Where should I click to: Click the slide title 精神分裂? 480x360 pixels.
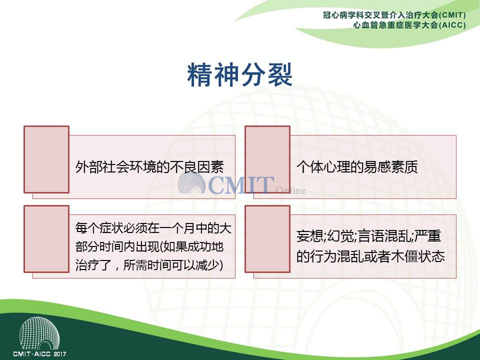tap(239, 74)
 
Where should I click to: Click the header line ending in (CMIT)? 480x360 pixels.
tap(394, 15)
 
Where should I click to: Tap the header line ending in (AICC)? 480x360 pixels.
tap(409, 25)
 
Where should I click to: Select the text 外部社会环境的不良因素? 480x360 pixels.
tap(149, 167)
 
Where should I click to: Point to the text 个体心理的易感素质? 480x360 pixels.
tap(357, 167)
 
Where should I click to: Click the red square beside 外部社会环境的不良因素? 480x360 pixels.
tap(46, 159)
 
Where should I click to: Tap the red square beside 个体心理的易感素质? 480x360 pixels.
tap(267, 159)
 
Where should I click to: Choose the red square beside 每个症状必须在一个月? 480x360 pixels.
tap(46, 239)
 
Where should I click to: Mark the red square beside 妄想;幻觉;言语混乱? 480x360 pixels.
tap(267, 239)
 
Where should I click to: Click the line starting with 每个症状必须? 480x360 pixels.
tap(153, 228)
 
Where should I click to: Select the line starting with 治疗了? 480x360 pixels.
tap(149, 265)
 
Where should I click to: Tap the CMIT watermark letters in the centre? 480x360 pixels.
tap(241, 185)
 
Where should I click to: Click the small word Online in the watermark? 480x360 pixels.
tap(290, 190)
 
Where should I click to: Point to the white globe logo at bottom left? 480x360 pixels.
tap(39, 333)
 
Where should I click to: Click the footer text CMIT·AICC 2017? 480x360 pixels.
tap(39, 354)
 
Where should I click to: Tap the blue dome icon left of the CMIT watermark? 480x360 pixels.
tap(191, 183)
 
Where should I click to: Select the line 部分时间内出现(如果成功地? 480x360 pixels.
tap(149, 246)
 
